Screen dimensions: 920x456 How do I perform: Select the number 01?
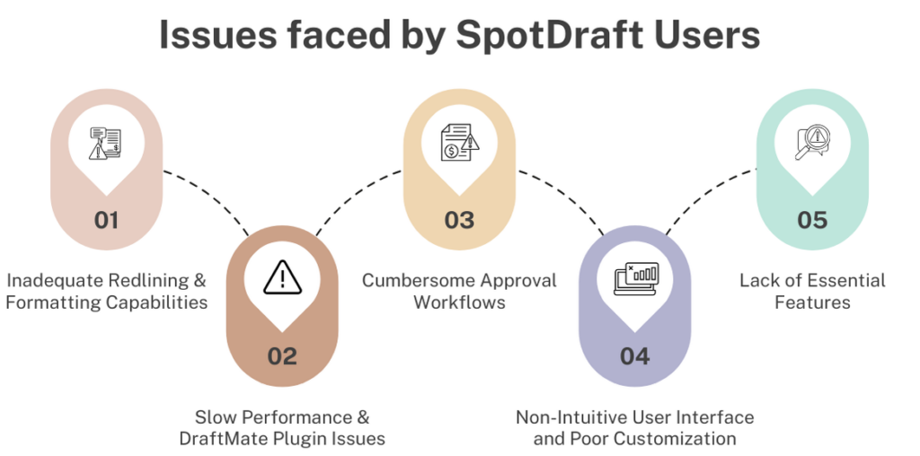(106, 221)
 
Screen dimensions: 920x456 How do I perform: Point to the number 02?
(282, 356)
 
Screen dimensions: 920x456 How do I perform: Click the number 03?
(459, 221)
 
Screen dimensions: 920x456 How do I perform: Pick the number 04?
(635, 356)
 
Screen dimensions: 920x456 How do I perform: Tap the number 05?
(812, 221)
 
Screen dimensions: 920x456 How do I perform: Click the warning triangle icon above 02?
(282, 277)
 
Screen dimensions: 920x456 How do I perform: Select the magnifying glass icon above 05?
(812, 143)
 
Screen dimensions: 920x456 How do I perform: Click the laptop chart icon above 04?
(636, 278)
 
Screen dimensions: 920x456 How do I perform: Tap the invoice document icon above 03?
(460, 142)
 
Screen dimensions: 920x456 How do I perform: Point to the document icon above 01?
(106, 143)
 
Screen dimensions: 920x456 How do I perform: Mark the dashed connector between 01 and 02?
(210, 196)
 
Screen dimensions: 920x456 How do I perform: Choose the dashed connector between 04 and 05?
(707, 196)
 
